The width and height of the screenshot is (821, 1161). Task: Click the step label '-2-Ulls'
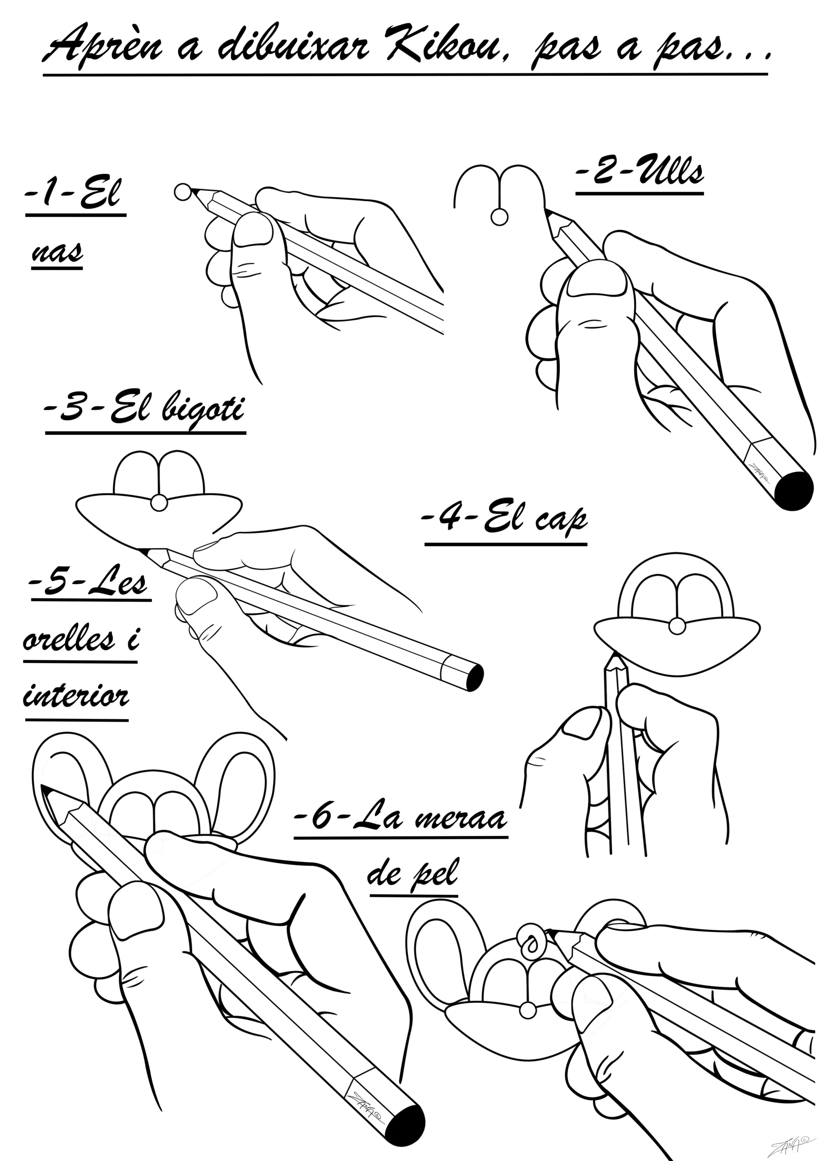[x=640, y=172]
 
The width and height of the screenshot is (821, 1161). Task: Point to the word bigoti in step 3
[x=203, y=411]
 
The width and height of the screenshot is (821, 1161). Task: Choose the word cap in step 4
[x=562, y=520]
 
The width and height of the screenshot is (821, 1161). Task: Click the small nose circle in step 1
[x=183, y=192]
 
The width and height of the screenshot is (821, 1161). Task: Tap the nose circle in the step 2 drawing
[x=499, y=217]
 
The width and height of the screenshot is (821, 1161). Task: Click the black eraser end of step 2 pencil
[x=794, y=491]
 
